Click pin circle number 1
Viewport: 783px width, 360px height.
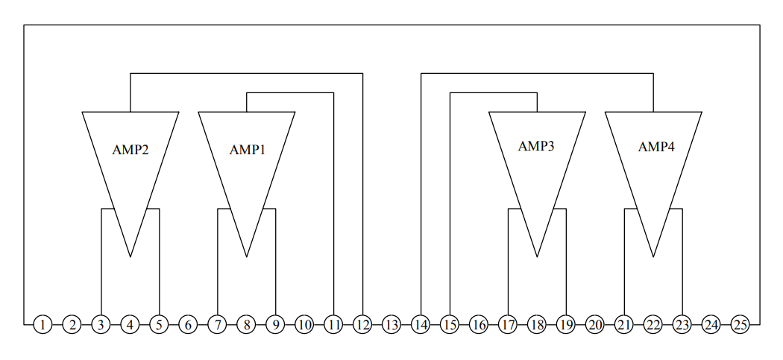[43, 325]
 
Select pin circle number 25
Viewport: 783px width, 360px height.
[740, 325]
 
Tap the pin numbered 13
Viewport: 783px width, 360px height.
[391, 325]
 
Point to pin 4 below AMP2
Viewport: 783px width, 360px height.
[130, 325]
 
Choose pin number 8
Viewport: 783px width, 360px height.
[246, 325]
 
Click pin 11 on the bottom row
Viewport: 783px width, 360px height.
[333, 325]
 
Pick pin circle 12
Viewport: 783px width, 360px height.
[362, 325]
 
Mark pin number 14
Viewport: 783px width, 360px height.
[421, 325]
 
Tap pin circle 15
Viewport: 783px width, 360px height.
[450, 325]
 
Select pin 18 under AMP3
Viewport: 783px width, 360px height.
[537, 325]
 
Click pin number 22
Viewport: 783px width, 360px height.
[653, 325]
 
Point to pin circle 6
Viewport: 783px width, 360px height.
[188, 325]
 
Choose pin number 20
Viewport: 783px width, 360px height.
[595, 325]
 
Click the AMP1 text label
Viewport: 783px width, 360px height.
[247, 149]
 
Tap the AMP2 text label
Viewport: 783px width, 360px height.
[130, 149]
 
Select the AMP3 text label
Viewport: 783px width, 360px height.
[536, 146]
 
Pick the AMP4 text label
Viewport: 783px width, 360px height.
[656, 147]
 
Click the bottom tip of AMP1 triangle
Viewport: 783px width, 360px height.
[247, 256]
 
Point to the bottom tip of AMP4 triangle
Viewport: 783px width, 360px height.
[653, 256]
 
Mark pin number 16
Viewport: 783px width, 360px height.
[479, 325]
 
